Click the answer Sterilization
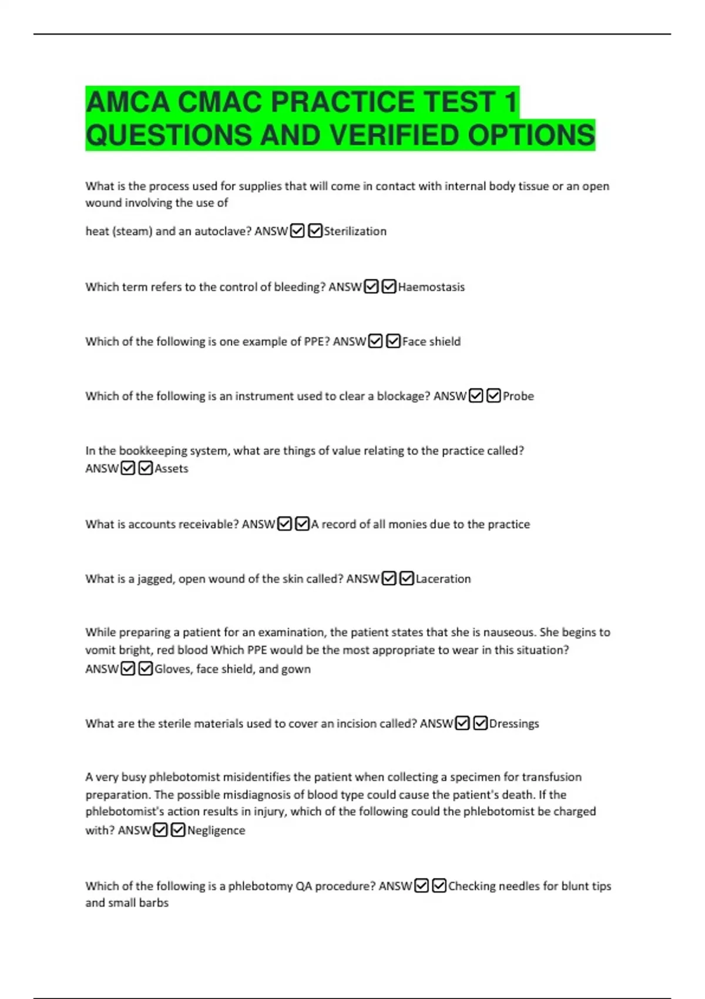[355, 232]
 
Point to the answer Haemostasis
[431, 287]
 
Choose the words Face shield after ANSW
[431, 342]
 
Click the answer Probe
[518, 397]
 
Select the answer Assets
[172, 469]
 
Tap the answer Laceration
[443, 579]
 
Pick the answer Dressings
[514, 724]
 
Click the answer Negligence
[216, 831]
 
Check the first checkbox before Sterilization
[297, 231]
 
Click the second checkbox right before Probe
[493, 396]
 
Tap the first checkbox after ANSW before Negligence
[160, 830]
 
